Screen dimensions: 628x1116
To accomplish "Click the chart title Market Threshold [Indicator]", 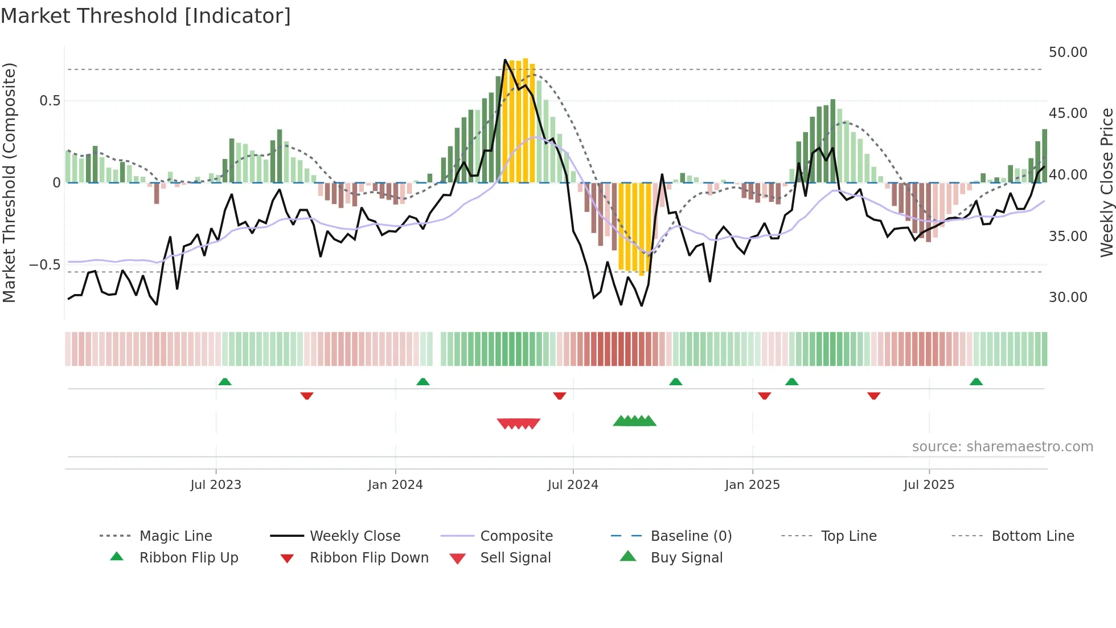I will click(x=146, y=16).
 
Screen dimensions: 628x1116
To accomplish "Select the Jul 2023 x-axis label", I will click(x=216, y=485).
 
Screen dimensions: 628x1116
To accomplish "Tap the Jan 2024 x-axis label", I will click(x=395, y=485).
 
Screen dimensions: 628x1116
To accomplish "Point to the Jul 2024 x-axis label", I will click(x=573, y=485).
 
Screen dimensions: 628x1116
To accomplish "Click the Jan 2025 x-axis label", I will click(x=752, y=485).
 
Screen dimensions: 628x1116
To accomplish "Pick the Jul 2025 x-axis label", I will click(x=929, y=485).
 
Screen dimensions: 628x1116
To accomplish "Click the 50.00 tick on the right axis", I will click(x=1068, y=52).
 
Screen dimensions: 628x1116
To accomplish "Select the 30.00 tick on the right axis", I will click(x=1068, y=297).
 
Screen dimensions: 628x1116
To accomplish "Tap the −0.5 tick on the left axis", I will click(x=45, y=265).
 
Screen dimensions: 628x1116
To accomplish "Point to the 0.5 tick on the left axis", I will click(x=50, y=101).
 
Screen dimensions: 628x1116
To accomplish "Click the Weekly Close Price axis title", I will click(x=1106, y=182).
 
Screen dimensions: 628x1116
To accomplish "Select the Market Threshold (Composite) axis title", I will click(x=9, y=182).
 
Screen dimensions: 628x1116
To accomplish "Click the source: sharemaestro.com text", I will click(x=1002, y=447).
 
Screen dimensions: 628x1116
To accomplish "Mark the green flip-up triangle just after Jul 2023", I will click(x=225, y=382).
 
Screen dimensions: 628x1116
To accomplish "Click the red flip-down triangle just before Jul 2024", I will click(x=560, y=395).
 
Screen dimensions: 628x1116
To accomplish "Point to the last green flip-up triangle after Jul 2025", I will click(x=976, y=382).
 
